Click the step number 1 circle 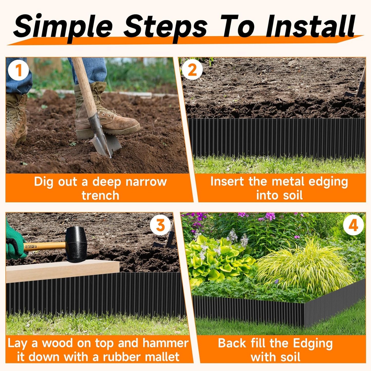(18, 70)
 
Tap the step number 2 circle (192, 70)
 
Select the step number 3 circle (160, 225)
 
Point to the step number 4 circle (353, 225)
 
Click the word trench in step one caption (100, 195)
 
